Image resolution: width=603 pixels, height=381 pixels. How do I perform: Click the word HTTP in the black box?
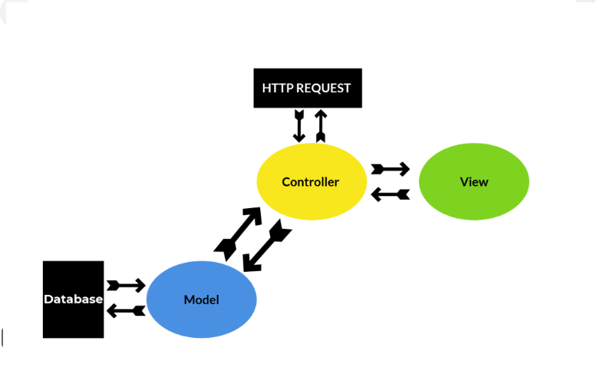(276, 88)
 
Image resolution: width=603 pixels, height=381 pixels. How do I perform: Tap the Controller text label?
(310, 182)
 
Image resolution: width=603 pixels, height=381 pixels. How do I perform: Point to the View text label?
(473, 182)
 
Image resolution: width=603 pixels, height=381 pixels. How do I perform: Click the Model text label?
(201, 300)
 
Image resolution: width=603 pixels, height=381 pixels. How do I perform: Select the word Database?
(73, 300)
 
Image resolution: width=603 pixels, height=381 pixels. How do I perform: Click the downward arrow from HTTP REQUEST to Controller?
(300, 125)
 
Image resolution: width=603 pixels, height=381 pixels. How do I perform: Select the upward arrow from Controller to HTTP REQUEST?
(320, 125)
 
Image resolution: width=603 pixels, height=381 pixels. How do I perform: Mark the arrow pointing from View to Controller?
(390, 194)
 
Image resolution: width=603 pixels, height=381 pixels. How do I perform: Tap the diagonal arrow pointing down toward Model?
(265, 247)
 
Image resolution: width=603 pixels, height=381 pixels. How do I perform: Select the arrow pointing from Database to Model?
(126, 286)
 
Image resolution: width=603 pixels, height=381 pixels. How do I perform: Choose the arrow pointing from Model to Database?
(126, 310)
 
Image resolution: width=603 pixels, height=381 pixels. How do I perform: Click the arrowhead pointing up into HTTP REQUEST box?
(320, 114)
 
